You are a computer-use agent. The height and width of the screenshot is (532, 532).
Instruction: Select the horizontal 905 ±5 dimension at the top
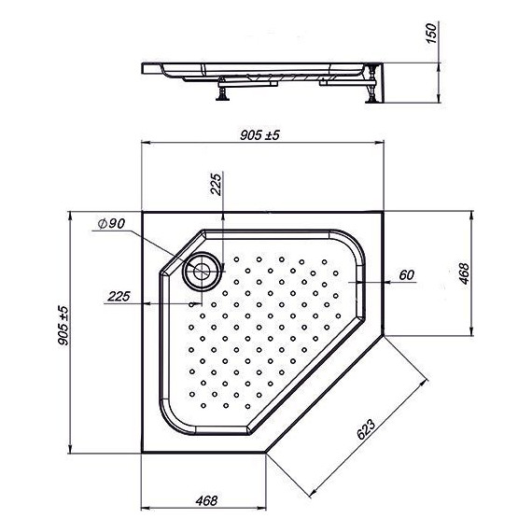point(259,134)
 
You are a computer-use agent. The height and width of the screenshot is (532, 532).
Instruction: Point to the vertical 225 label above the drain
point(217,185)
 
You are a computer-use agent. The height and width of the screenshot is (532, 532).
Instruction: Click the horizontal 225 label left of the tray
point(119,296)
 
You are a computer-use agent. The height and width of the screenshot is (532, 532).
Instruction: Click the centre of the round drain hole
point(201,272)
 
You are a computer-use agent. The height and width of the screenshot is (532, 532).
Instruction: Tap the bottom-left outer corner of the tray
point(141,458)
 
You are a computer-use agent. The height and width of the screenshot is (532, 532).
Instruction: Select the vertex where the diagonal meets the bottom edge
point(268,458)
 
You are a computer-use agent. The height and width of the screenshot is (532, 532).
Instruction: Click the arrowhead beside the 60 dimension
point(369,282)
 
